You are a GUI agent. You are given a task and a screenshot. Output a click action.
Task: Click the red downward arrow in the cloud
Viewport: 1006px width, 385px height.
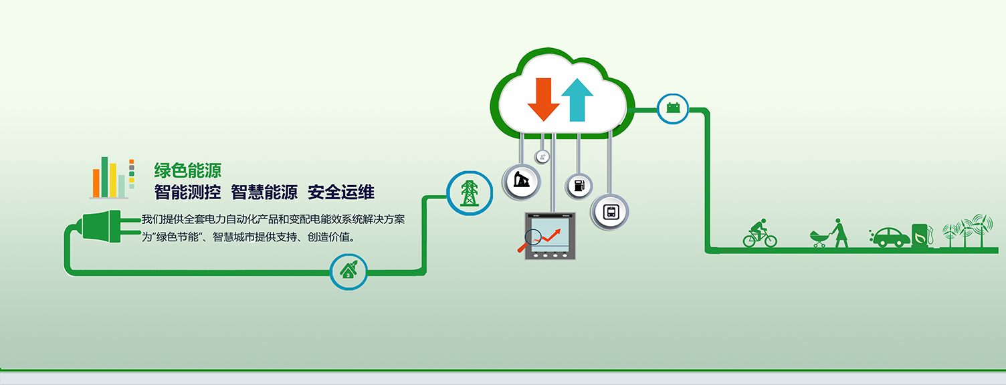(543, 100)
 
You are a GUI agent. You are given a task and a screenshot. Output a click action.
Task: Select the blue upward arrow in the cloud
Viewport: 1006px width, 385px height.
(577, 100)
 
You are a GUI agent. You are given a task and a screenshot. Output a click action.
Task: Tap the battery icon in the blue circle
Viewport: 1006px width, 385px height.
(673, 108)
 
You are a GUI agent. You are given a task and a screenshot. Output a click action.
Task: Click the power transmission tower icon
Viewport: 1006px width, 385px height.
(470, 193)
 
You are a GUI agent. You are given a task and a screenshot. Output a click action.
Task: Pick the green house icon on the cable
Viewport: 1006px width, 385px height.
(348, 270)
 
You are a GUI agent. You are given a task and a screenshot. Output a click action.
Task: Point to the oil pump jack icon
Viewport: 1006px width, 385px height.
(522, 180)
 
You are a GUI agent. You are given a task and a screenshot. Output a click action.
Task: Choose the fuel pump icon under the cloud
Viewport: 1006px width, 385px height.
(579, 185)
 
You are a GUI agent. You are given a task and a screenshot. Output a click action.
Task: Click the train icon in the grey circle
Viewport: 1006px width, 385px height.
(610, 212)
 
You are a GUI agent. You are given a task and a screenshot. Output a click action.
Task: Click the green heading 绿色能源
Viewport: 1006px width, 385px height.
(188, 170)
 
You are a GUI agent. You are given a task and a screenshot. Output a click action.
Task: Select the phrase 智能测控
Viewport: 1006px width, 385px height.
(188, 192)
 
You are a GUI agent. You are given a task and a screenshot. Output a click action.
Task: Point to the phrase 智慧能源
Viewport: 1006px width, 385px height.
(264, 192)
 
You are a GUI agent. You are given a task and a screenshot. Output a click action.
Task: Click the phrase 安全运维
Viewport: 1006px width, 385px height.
(341, 192)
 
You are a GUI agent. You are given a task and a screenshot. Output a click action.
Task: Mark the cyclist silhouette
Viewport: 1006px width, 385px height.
(759, 233)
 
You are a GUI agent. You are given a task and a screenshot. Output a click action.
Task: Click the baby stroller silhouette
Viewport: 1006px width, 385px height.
(819, 239)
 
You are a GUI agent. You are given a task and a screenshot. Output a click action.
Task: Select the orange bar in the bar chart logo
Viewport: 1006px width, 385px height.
(96, 183)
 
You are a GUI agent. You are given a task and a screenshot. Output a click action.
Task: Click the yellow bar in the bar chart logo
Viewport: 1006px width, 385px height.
(113, 180)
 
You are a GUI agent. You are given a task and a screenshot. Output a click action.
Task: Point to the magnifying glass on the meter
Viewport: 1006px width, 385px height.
(529, 240)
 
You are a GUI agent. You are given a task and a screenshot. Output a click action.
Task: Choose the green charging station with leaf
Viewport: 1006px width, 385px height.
(922, 235)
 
